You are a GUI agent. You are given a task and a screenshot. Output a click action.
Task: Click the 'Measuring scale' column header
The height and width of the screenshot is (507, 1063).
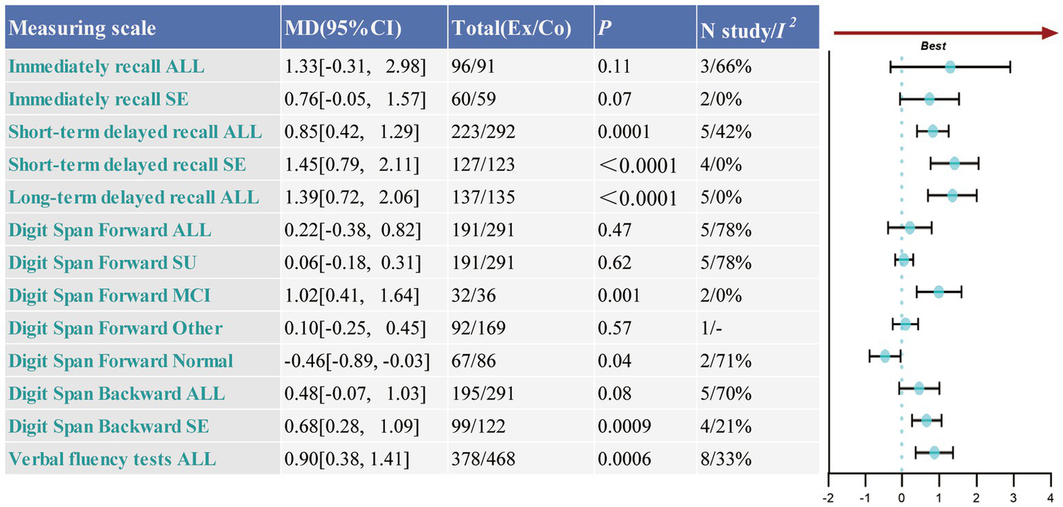pyautogui.click(x=82, y=28)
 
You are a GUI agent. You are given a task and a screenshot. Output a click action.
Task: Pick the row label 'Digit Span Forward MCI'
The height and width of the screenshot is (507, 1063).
pyautogui.click(x=109, y=296)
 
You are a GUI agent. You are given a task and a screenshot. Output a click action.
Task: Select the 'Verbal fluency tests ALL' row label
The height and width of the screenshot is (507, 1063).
pyautogui.click(x=112, y=459)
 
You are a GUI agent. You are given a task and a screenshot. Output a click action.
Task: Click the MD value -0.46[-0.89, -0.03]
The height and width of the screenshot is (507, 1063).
pyautogui.click(x=357, y=361)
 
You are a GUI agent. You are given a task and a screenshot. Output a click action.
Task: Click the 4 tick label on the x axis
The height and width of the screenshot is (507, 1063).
pyautogui.click(x=1051, y=497)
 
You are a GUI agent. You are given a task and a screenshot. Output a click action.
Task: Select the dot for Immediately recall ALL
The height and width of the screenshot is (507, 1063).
pyautogui.click(x=950, y=67)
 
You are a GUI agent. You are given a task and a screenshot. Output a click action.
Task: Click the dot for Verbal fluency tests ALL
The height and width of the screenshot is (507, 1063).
pyautogui.click(x=934, y=452)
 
